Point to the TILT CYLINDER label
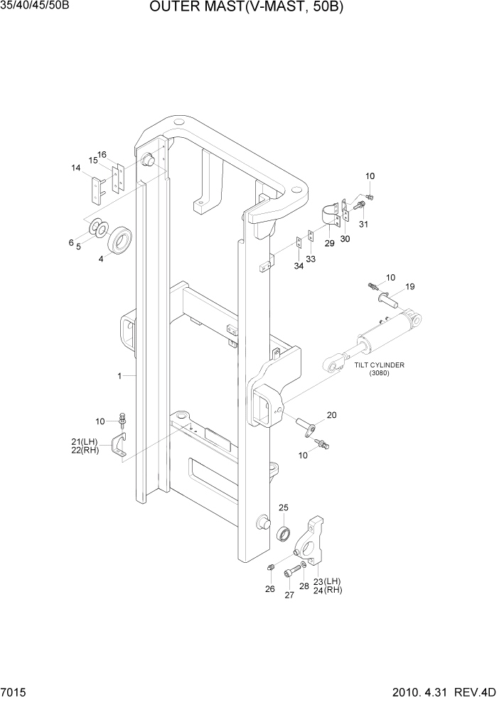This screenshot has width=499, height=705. click(380, 365)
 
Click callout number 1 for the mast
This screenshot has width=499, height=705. click(121, 375)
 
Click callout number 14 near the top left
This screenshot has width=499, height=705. click(75, 168)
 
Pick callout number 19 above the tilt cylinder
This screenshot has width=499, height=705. click(410, 286)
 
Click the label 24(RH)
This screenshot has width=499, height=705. click(328, 589)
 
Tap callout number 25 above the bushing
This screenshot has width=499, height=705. click(283, 507)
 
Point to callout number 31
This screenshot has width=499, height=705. click(363, 225)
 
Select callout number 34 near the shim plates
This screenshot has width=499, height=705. click(299, 265)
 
